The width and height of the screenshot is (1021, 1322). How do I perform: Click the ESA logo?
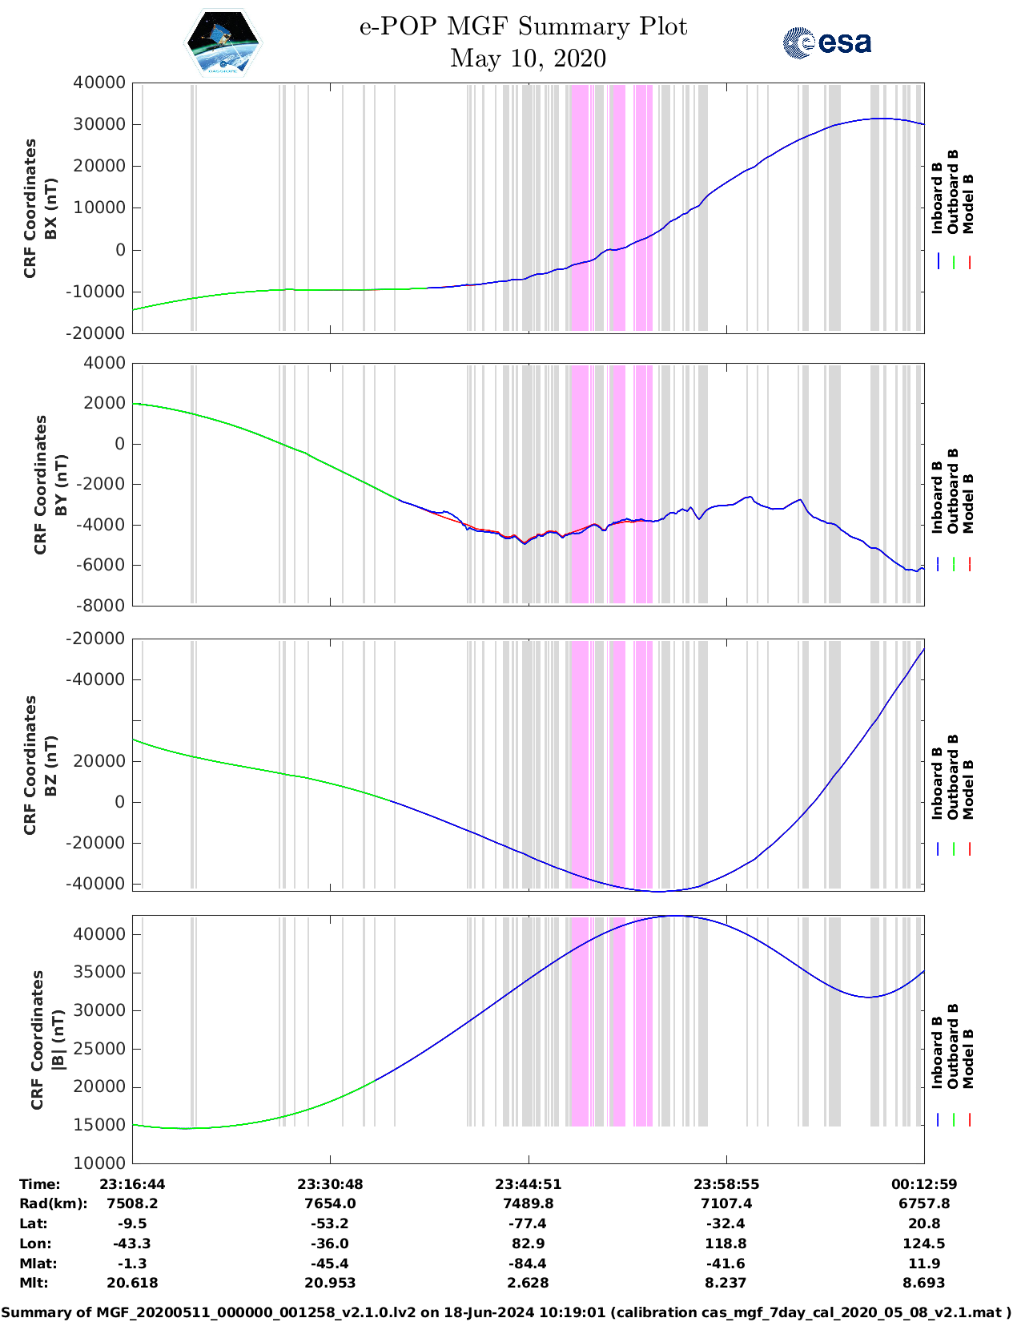(827, 42)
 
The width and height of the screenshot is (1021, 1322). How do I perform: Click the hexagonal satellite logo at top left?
(223, 43)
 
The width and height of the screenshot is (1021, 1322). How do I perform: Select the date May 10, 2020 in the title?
(528, 58)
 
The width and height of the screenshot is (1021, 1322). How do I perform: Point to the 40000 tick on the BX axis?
(99, 83)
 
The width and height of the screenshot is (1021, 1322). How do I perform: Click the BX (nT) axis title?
(50, 208)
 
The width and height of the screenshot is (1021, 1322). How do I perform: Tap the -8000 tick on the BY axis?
(102, 606)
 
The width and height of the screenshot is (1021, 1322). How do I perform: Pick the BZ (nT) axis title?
(50, 764)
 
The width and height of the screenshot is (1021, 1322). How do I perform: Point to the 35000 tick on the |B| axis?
(99, 973)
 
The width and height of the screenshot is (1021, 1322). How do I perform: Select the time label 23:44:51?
(528, 1184)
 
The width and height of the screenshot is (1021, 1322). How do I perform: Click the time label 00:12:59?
(923, 1184)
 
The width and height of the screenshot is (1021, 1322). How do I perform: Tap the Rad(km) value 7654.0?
(330, 1203)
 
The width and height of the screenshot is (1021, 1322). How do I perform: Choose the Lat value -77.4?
(528, 1223)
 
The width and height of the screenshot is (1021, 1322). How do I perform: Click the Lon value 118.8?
(726, 1243)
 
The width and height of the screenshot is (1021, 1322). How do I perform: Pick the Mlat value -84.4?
(528, 1264)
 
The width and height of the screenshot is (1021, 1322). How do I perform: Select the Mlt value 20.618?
(132, 1283)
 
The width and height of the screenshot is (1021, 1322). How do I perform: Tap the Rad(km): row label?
(53, 1203)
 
